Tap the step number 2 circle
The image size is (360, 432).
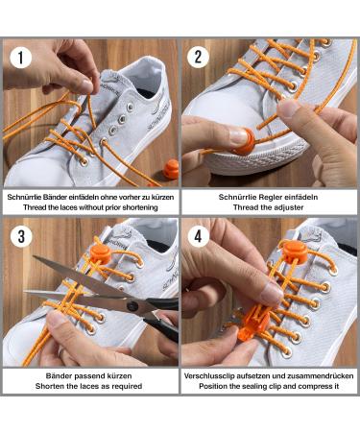[200, 58]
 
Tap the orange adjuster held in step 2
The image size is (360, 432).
[240, 134]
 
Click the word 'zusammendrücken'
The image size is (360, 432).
[316, 374]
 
